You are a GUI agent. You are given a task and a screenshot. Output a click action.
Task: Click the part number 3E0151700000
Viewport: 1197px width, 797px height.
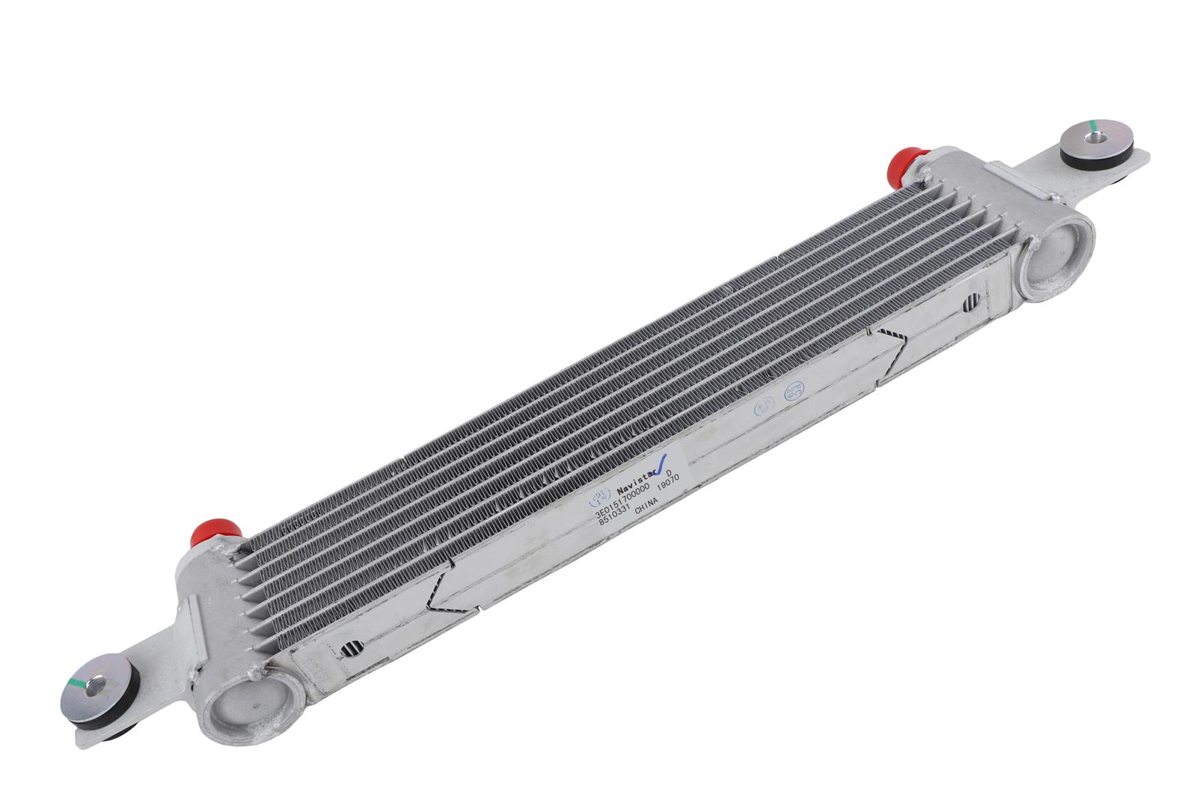623,502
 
